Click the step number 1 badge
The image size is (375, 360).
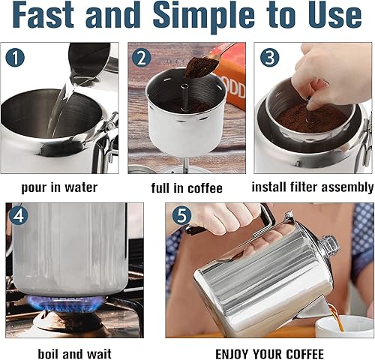click(x=16, y=57)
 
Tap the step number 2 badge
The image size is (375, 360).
click(x=142, y=57)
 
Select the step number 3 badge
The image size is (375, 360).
click(x=269, y=57)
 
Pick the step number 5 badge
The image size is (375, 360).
click(x=181, y=215)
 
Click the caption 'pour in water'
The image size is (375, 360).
click(x=61, y=187)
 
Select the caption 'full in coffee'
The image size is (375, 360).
click(x=187, y=187)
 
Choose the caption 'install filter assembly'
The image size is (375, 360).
click(x=312, y=187)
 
